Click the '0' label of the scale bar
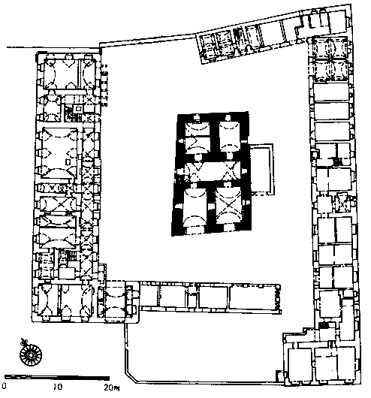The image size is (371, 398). pyautogui.click(x=5, y=386)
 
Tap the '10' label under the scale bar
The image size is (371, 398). pyautogui.click(x=57, y=387)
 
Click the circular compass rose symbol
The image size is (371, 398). pyautogui.click(x=31, y=354)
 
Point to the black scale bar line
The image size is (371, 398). pyautogui.click(x=57, y=378)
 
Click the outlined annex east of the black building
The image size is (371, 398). pyautogui.click(x=261, y=170)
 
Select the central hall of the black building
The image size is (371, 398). pyautogui.click(x=213, y=171)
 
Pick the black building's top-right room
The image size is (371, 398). pyautogui.click(x=230, y=137)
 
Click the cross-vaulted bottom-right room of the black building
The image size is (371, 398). pyautogui.click(x=228, y=206)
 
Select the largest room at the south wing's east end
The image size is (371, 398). pyautogui.click(x=252, y=297)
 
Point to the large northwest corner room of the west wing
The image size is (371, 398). pyautogui.click(x=61, y=74)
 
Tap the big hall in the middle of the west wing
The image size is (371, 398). pyautogui.click(x=59, y=152)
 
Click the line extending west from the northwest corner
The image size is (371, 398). pyautogui.click(x=53, y=48)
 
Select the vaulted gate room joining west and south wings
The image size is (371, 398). pyautogui.click(x=115, y=302)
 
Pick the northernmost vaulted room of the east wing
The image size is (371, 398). pyautogui.click(x=330, y=47)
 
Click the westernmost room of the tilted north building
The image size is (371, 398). pyautogui.click(x=207, y=47)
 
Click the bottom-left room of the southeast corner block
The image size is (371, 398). pyautogui.click(x=300, y=365)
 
